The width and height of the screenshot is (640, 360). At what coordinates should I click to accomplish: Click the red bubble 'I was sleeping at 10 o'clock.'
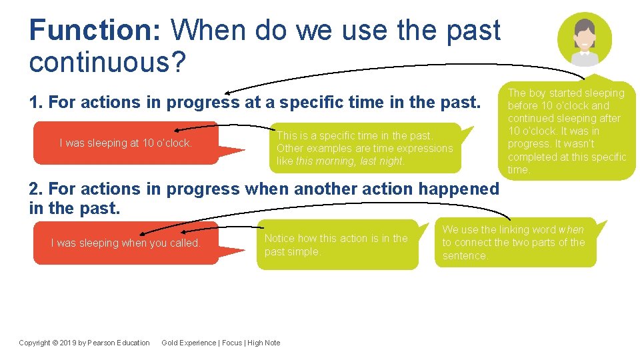(125, 143)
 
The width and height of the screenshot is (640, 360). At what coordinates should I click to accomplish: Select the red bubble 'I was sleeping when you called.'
(125, 243)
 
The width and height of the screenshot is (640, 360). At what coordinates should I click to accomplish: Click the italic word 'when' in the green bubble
(571, 229)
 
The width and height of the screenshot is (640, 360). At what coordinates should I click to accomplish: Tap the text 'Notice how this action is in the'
(335, 238)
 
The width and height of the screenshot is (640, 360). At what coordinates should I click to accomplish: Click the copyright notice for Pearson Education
(84, 343)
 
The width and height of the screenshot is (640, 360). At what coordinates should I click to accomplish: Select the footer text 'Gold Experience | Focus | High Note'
(221, 343)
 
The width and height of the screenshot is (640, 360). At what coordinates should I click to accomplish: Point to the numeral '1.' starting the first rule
(37, 103)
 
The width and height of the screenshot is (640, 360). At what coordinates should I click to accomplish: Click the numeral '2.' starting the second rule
(37, 189)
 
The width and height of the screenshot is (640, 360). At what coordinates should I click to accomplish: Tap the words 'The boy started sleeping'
(566, 93)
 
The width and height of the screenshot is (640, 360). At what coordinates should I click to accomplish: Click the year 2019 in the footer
(70, 343)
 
